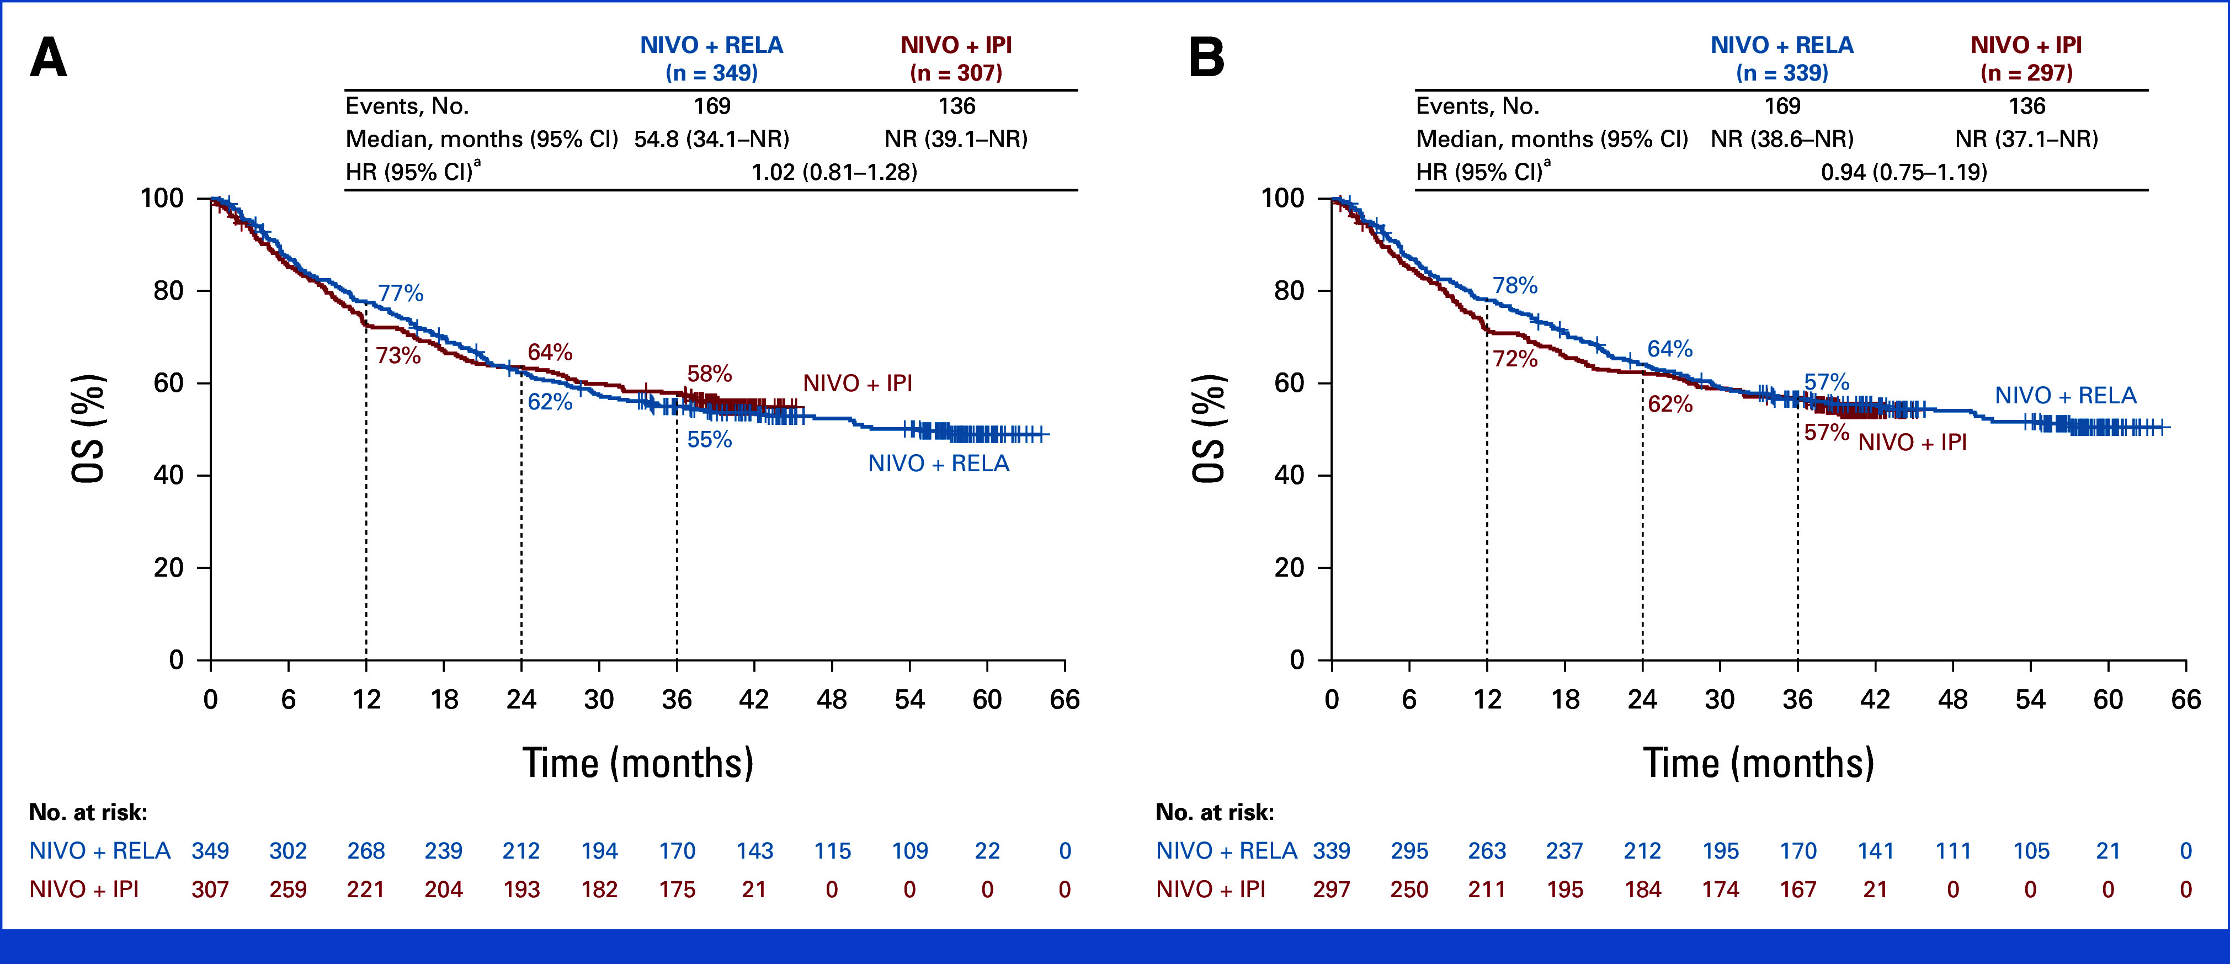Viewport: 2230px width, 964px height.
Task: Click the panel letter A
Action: pyautogui.click(x=49, y=59)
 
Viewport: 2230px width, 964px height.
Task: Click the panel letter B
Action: pyautogui.click(x=1207, y=59)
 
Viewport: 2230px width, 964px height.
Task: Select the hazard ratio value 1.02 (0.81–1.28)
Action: pyautogui.click(x=834, y=172)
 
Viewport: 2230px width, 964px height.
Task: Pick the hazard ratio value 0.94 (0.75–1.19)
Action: pyautogui.click(x=1904, y=172)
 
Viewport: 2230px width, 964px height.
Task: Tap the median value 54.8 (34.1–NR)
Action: pyautogui.click(x=711, y=139)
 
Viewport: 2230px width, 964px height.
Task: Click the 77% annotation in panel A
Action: pyautogui.click(x=401, y=294)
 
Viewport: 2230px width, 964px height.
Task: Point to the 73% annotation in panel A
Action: pyautogui.click(x=398, y=356)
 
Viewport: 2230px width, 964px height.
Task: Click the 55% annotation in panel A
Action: pyautogui.click(x=710, y=440)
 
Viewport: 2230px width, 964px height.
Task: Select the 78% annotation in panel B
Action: pyautogui.click(x=1515, y=286)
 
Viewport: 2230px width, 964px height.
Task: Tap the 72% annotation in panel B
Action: pyautogui.click(x=1515, y=358)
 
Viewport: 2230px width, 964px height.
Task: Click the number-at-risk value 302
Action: pyautogui.click(x=288, y=851)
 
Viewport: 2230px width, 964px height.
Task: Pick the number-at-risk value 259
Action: pyautogui.click(x=288, y=890)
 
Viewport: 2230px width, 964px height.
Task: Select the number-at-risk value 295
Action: pyautogui.click(x=1409, y=851)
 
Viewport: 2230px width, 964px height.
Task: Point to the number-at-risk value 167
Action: pyautogui.click(x=1798, y=890)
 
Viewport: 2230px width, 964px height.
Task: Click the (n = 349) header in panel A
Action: pyautogui.click(x=711, y=73)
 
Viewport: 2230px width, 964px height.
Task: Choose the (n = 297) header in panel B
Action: pyautogui.click(x=2026, y=73)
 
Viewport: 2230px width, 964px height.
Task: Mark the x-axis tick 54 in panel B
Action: pyautogui.click(x=2031, y=699)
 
